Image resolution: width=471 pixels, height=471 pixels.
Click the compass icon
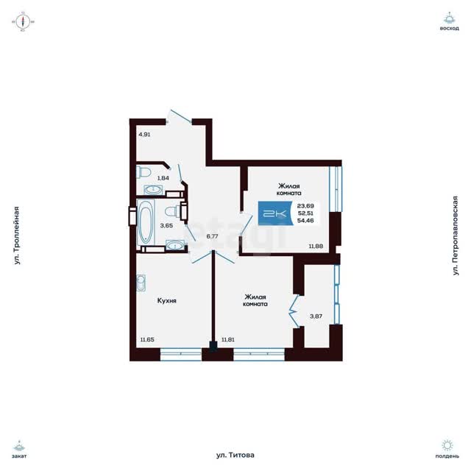click(x=23, y=21)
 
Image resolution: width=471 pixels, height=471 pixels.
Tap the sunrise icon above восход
click(x=450, y=18)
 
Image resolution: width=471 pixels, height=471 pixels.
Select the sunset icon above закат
click(x=20, y=445)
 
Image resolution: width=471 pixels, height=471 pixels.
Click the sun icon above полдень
click(x=447, y=445)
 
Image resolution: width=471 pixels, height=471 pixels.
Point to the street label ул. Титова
click(x=235, y=455)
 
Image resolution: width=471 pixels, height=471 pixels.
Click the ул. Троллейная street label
click(x=17, y=235)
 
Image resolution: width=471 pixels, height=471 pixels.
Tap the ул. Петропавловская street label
click(x=456, y=235)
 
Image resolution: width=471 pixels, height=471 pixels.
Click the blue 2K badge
click(x=275, y=213)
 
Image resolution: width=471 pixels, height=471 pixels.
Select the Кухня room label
click(x=167, y=301)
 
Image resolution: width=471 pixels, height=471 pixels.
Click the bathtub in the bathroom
click(x=146, y=222)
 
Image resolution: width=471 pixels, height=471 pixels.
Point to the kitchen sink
click(x=141, y=283)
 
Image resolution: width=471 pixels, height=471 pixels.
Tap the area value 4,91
click(x=144, y=135)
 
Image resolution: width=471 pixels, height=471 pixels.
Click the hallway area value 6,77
click(x=212, y=236)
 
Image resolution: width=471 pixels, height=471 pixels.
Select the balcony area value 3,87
click(x=316, y=316)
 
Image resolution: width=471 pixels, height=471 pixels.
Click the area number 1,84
click(x=163, y=178)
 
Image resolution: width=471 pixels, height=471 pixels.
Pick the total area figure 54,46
click(x=305, y=221)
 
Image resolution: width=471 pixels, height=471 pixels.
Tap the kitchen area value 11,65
click(x=147, y=340)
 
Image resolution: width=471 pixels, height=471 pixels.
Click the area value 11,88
click(x=316, y=247)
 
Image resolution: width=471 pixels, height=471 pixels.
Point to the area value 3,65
click(x=166, y=226)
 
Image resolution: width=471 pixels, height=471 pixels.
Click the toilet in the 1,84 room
click(x=144, y=172)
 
